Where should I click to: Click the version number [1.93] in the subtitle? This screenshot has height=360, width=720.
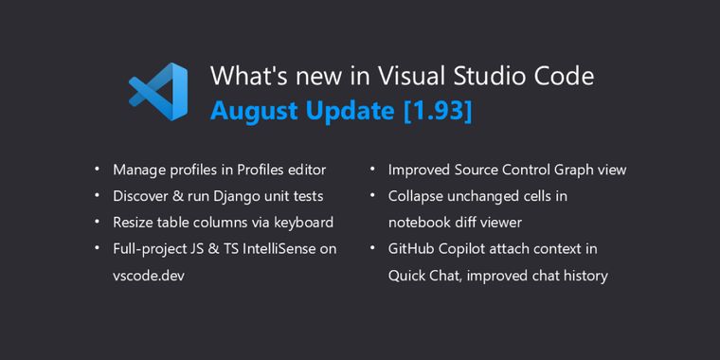click(438, 110)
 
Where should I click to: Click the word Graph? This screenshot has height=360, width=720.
click(566, 170)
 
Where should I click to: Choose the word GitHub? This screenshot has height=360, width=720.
click(411, 249)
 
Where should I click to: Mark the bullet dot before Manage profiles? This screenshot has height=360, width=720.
click(97, 170)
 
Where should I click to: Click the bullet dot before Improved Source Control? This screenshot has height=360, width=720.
click(372, 170)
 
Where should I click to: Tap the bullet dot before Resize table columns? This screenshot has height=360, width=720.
click(97, 223)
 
